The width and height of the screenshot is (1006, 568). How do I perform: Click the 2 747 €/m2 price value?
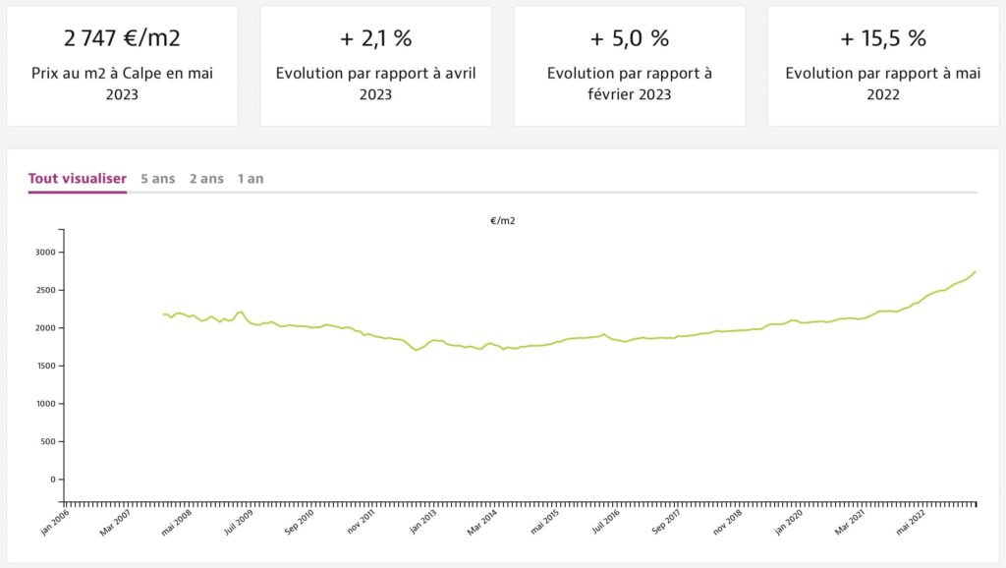(x=122, y=39)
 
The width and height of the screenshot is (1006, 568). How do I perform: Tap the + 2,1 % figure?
(x=375, y=39)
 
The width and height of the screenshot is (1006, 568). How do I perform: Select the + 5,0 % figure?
(x=629, y=39)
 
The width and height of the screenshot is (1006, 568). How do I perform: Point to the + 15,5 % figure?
(x=882, y=39)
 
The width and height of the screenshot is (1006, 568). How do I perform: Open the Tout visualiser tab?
(x=78, y=179)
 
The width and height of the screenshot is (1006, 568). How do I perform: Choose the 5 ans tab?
(x=158, y=179)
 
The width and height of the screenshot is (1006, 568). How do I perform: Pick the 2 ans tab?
(x=206, y=179)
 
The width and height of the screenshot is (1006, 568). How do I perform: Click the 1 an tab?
(x=251, y=179)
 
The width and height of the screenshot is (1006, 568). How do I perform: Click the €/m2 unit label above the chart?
(x=503, y=221)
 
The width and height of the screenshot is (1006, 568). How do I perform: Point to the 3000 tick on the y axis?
(x=45, y=253)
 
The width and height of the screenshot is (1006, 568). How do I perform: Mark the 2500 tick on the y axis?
(x=45, y=291)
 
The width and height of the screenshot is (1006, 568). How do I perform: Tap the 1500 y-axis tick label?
(x=45, y=367)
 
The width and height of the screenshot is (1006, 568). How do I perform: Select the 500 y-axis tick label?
(x=48, y=442)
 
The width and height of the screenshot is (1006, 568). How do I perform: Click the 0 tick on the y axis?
(x=53, y=480)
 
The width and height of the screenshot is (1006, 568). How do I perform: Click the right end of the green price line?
(x=975, y=271)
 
